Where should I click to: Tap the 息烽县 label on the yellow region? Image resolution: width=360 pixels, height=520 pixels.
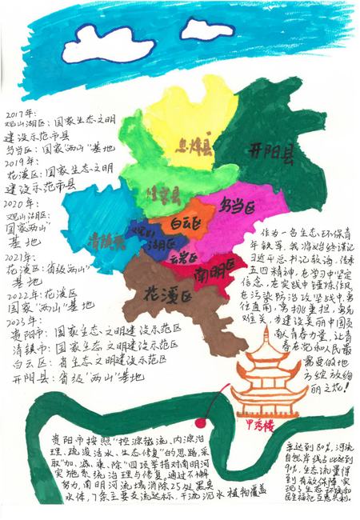tap(195, 146)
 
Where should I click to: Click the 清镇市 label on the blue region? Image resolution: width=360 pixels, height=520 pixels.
tap(104, 239)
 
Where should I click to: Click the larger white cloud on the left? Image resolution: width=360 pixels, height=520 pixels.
tap(109, 42)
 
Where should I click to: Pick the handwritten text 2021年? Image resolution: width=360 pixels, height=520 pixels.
tap(20, 261)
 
